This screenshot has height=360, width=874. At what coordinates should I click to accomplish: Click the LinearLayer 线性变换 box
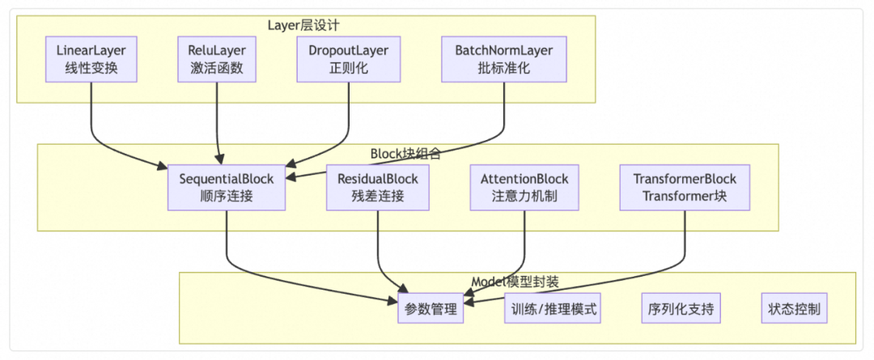91,59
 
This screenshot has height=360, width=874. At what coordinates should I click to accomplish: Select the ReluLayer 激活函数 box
217,59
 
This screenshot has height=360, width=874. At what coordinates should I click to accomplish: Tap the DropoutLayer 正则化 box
348,59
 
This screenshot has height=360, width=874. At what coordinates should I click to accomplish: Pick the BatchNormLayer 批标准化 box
503,59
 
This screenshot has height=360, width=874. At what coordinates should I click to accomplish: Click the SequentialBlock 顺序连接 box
226,186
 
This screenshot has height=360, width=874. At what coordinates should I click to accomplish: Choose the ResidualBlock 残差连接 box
377,186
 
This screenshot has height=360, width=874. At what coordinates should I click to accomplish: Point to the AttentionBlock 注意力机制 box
524,186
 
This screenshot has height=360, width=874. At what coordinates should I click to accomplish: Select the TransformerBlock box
685,186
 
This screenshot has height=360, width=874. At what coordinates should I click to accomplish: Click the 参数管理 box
430,308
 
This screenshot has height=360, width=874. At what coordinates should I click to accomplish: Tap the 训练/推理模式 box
554,308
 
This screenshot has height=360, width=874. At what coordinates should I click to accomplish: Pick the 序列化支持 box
680,308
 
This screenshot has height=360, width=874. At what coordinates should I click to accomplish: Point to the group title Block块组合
405,153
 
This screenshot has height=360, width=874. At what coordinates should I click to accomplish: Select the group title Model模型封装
515,282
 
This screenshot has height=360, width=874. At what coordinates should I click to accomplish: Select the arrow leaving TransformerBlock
685,243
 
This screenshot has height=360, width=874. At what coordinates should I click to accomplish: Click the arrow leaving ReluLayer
217,121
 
